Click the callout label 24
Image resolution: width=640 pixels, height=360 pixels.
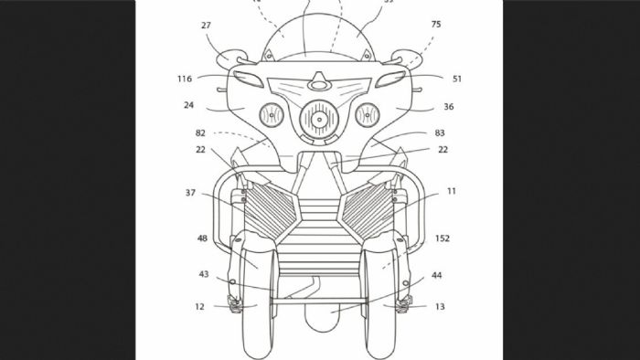[x=188, y=106]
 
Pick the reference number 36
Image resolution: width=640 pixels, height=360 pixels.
[x=449, y=106]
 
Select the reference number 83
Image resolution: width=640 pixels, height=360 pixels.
[x=441, y=133]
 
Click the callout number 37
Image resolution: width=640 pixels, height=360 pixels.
[x=189, y=193]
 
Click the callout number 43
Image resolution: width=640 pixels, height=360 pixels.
[x=204, y=274]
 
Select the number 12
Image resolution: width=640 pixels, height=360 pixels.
[x=198, y=307]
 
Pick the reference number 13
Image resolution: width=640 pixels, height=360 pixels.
[x=440, y=307]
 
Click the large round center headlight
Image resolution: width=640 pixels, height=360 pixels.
[x=320, y=118]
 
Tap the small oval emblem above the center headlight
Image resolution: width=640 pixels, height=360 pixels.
[x=318, y=84]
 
